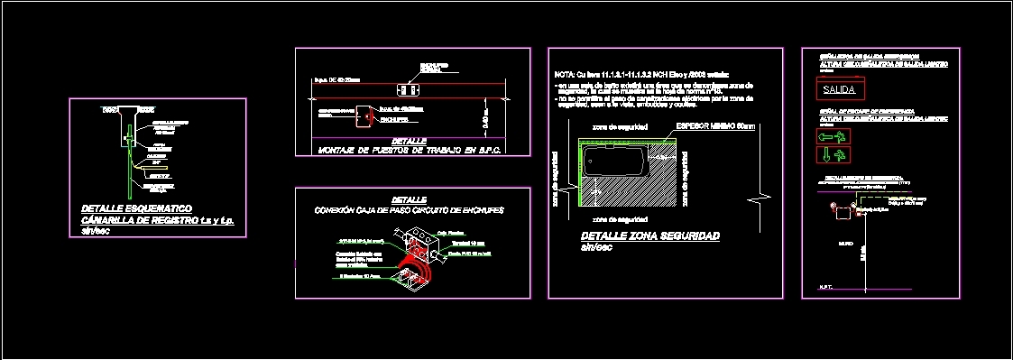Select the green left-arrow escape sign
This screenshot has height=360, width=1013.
tap(831, 136)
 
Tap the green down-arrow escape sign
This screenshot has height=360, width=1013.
tap(831, 155)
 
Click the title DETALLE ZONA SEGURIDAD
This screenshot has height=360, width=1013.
tap(649, 235)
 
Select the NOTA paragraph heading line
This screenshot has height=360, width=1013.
tap(641, 74)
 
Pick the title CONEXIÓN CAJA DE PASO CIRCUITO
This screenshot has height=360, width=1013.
tap(409, 210)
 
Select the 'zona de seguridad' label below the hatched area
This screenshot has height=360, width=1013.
tap(618, 219)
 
